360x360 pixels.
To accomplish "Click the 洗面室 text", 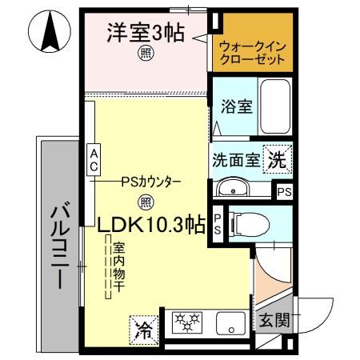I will [x=236, y=159].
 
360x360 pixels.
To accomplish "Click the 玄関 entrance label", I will [x=274, y=321].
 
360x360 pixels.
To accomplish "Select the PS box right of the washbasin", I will [x=284, y=191].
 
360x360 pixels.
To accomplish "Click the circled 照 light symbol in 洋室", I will [x=146, y=54].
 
